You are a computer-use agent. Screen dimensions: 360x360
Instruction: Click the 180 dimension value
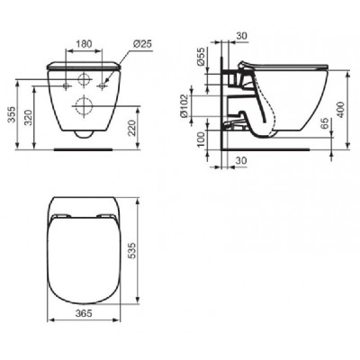(x=85, y=44)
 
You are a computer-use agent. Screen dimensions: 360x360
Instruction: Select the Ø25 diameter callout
(x=142, y=44)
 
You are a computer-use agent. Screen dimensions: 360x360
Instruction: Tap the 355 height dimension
(x=12, y=114)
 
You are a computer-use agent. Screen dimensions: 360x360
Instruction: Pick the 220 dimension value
(x=132, y=128)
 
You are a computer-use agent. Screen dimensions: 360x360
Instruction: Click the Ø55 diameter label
(x=202, y=56)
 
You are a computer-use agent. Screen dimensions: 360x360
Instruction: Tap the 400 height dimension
(x=341, y=110)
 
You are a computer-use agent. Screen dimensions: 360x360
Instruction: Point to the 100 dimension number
(x=202, y=139)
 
